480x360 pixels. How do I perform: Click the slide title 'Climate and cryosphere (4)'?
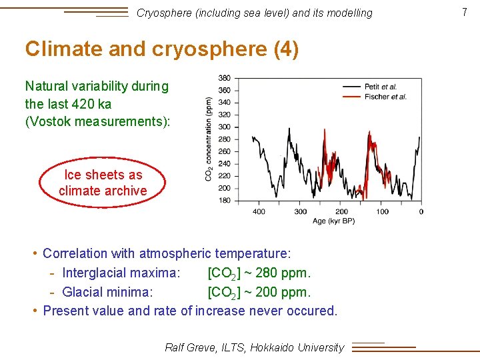162,49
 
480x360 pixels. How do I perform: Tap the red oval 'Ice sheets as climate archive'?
103,183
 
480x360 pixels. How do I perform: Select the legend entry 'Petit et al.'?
380,87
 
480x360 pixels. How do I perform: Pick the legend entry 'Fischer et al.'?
385,97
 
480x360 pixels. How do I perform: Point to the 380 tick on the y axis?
225,78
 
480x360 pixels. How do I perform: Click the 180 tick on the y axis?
225,200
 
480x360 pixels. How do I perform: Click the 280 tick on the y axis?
225,139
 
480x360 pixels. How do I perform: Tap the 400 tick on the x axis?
259,211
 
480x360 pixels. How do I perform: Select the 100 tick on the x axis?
382,211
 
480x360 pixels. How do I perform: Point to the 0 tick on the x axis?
421,211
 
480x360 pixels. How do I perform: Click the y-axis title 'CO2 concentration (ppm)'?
209,139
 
